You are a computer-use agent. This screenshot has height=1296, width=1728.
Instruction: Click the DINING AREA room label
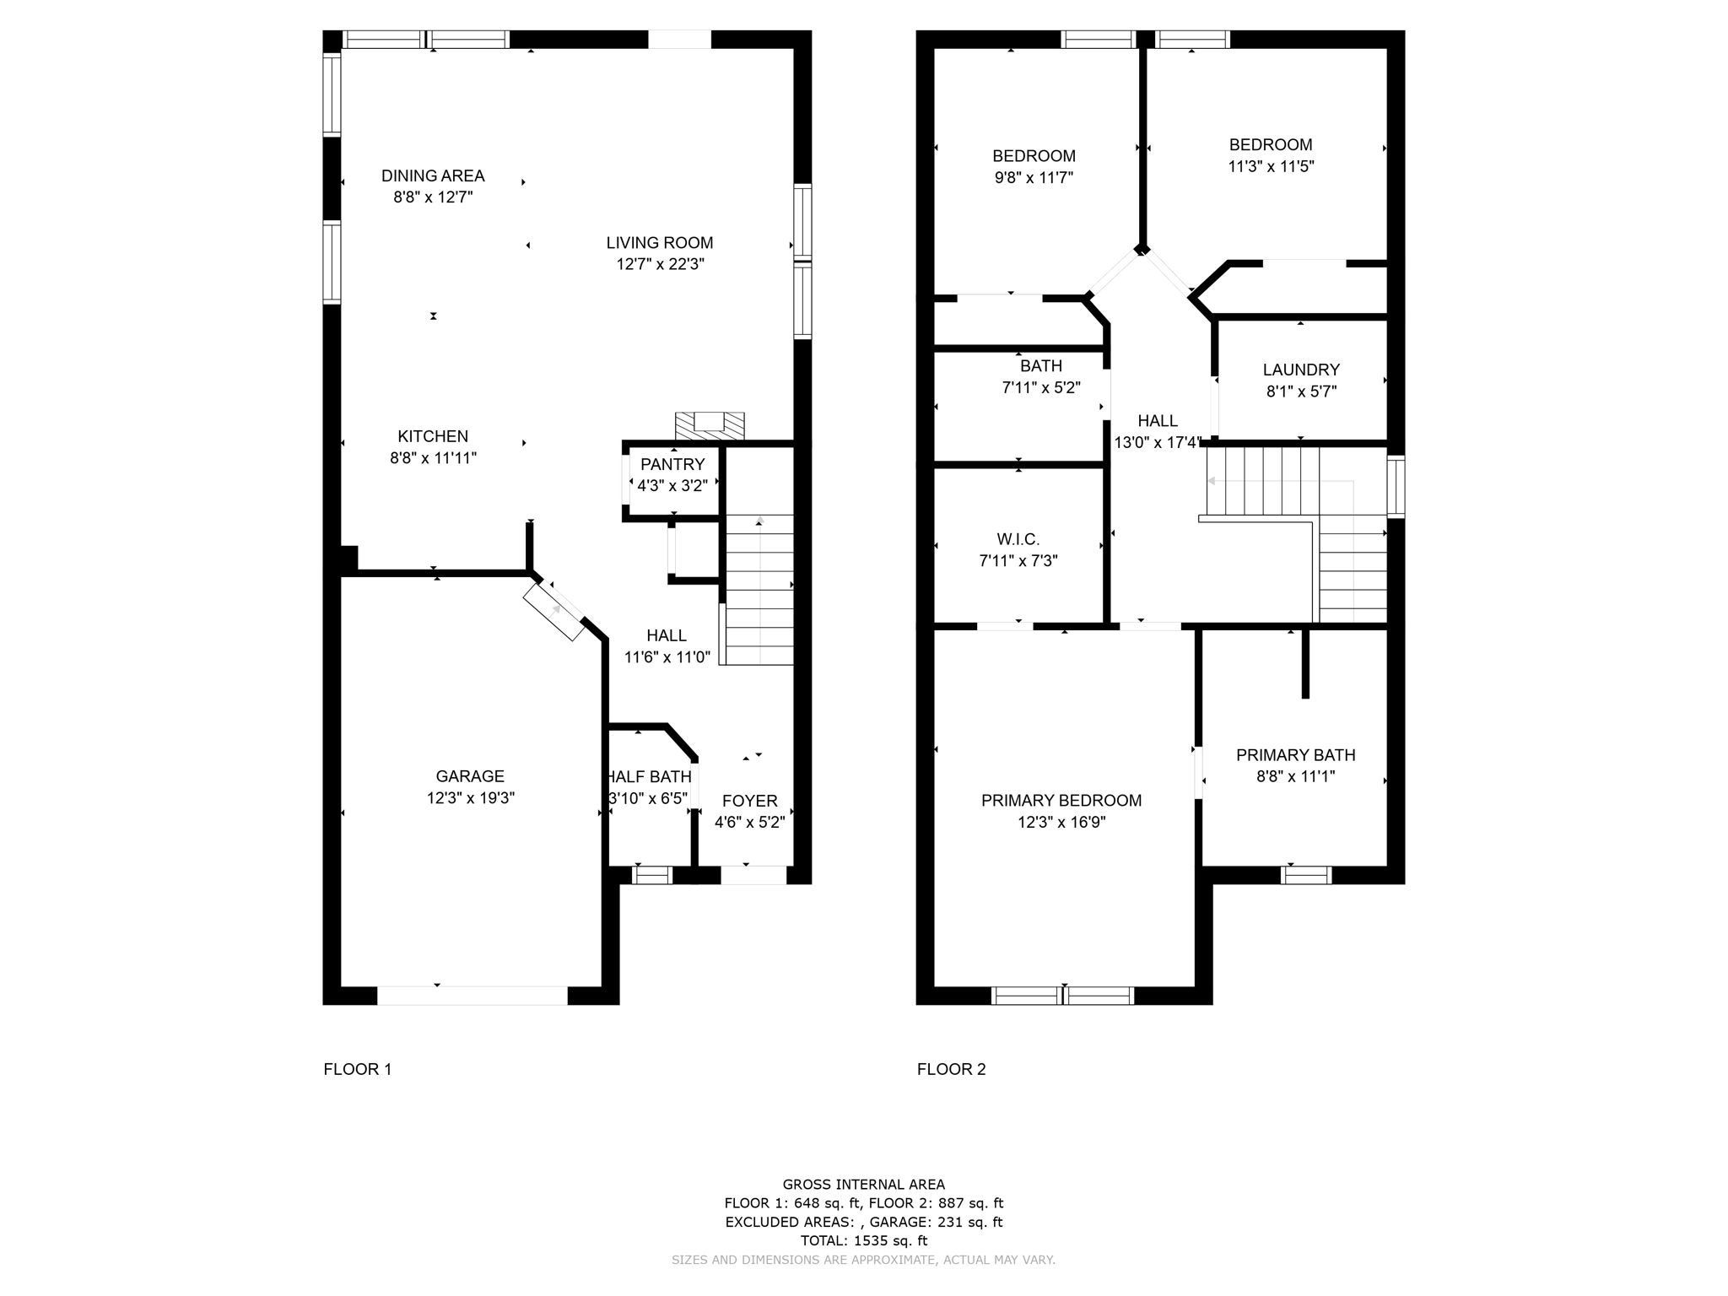(433, 175)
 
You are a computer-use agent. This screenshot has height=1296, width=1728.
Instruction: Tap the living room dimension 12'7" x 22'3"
(660, 264)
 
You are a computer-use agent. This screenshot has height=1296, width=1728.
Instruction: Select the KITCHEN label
(433, 436)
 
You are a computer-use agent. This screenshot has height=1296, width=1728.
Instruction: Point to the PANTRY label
(672, 464)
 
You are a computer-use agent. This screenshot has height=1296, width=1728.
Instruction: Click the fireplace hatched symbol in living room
(710, 425)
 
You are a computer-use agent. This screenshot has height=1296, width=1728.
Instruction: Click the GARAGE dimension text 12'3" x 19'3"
(470, 798)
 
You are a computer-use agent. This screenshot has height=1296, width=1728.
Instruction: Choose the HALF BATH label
(650, 776)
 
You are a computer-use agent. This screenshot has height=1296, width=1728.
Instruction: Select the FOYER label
(749, 801)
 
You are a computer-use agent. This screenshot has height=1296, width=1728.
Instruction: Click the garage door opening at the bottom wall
(472, 996)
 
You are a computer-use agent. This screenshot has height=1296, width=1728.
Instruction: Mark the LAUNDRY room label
(1301, 370)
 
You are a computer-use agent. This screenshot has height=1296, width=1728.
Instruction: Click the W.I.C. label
(1018, 539)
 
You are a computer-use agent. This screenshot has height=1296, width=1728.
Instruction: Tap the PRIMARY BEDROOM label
(1061, 800)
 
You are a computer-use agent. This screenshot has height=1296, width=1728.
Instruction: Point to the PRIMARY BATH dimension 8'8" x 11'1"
(1295, 776)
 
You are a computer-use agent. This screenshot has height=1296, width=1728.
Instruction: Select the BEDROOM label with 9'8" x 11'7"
(1034, 156)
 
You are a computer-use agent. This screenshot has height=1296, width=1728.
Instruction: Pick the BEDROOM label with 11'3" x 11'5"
(1270, 144)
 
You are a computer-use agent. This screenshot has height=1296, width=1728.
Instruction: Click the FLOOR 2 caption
(951, 1069)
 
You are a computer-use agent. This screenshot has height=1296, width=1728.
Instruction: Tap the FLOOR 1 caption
(358, 1069)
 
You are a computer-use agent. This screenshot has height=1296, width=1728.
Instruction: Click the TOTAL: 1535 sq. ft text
(863, 1240)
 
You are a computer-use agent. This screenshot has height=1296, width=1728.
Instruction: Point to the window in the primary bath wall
(1306, 875)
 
